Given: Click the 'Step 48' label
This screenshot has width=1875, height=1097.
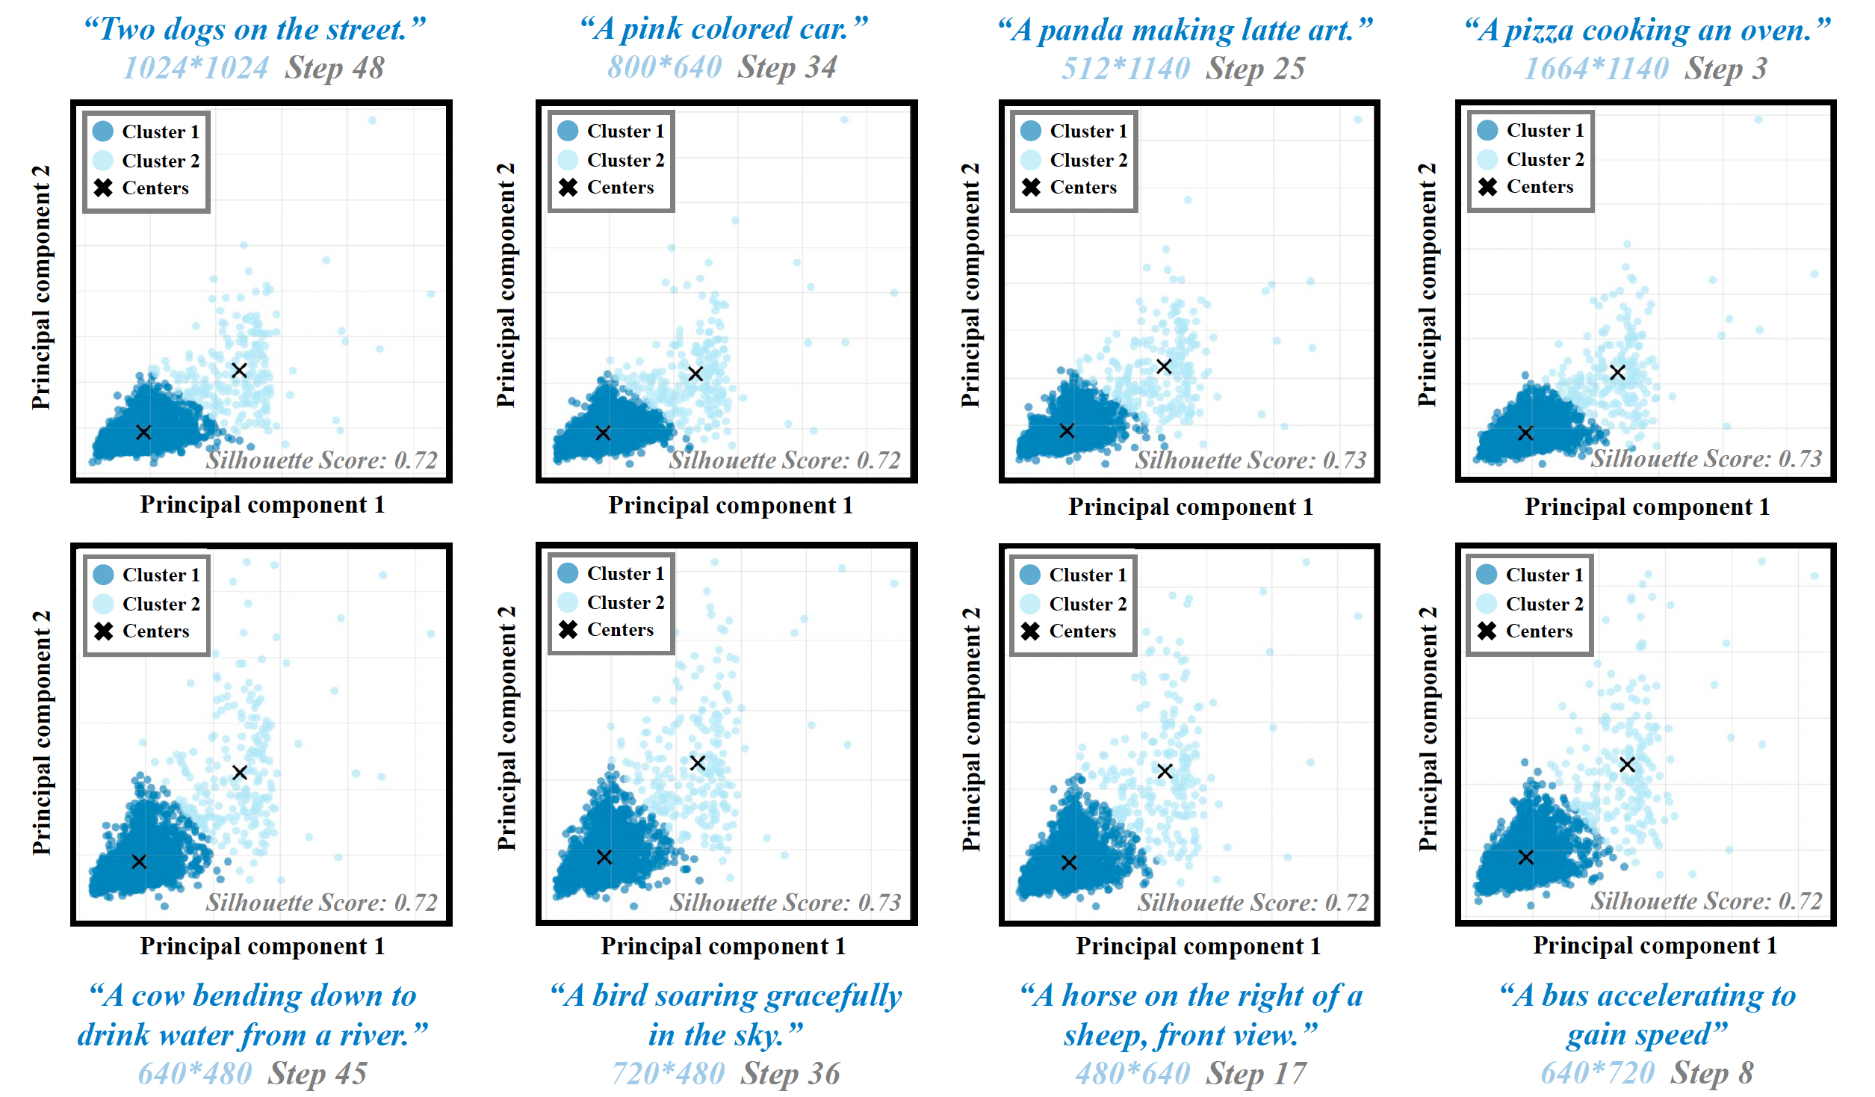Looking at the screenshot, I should (x=335, y=69).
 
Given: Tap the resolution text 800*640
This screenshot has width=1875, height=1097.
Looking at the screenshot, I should (x=664, y=68).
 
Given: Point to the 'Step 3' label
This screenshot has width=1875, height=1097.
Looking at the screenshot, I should (x=1726, y=69).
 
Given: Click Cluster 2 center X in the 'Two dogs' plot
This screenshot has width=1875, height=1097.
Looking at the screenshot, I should (x=239, y=371).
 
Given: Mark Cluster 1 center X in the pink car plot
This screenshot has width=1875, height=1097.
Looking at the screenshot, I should (x=603, y=433).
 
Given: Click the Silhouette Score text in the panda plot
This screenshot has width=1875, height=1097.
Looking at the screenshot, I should (x=1250, y=460).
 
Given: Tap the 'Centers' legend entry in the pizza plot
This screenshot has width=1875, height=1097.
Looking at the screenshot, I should (x=1539, y=187).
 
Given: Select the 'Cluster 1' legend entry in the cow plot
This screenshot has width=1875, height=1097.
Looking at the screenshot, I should (x=161, y=575).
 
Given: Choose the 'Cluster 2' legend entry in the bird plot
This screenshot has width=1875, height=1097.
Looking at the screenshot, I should (x=625, y=602).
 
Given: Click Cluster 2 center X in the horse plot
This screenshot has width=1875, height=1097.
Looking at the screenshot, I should (x=1165, y=771).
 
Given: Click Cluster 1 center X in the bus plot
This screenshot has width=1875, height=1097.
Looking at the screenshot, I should (x=1525, y=857).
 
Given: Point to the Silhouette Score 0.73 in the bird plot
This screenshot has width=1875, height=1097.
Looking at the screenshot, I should (x=785, y=903).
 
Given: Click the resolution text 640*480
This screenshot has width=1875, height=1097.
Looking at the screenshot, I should (x=195, y=1074).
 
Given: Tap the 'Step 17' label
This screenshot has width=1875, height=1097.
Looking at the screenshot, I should (x=1256, y=1074).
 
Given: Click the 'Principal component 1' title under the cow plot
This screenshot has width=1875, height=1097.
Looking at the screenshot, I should (x=262, y=946).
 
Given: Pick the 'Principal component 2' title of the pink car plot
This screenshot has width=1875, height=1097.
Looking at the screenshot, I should (x=506, y=285).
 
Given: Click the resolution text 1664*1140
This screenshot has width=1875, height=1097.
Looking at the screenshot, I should (x=1596, y=69).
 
